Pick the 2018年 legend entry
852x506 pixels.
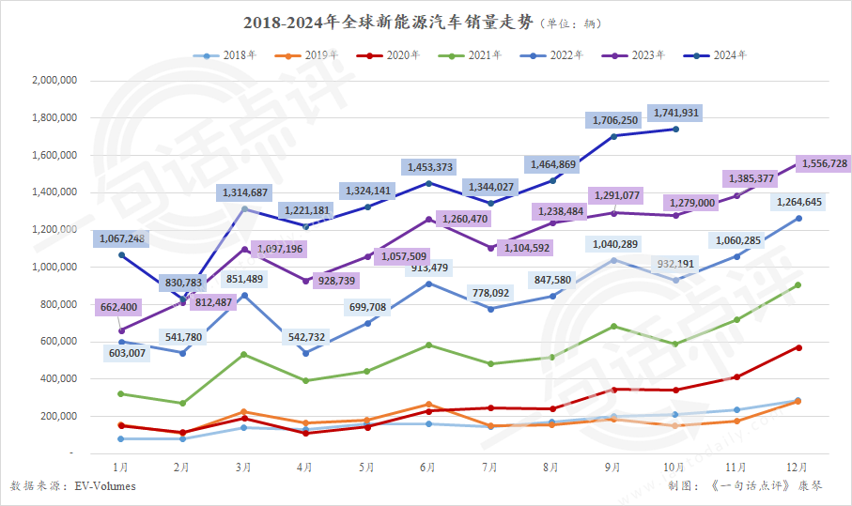coord(226,54)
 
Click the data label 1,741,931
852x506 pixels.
coord(676,113)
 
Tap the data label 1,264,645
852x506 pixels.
coord(799,202)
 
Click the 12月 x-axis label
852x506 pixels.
coord(798,466)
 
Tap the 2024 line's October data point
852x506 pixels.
coord(675,129)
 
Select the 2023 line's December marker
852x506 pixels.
coord(798,163)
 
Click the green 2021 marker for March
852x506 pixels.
coord(244,354)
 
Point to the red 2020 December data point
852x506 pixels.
coord(798,347)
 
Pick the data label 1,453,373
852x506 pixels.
coord(428,167)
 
